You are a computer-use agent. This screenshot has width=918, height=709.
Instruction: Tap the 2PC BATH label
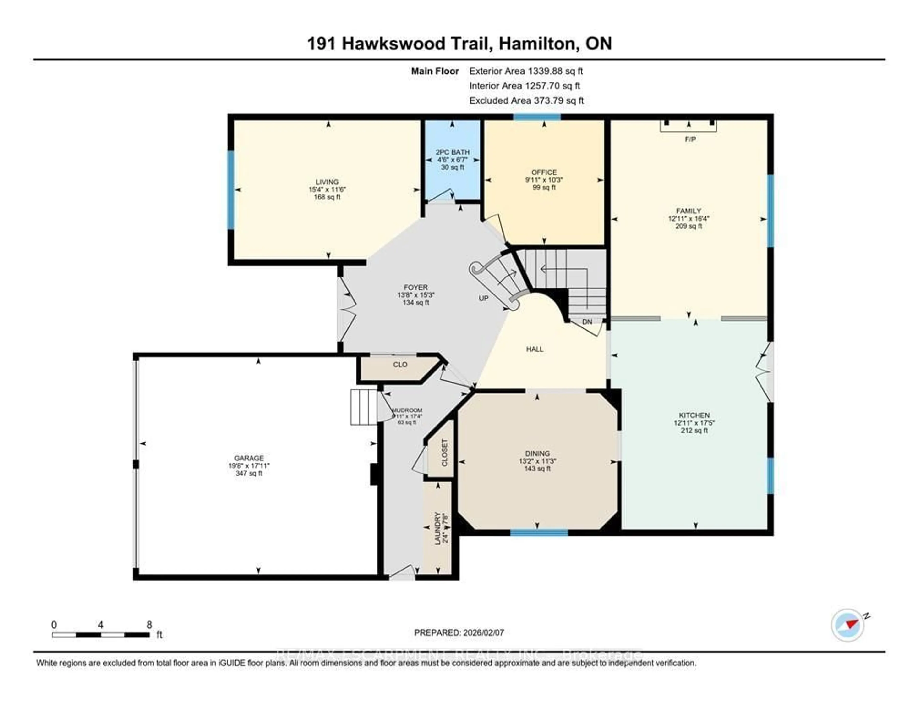[453, 152]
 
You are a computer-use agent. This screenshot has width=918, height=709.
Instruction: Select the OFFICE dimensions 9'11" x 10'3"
[544, 180]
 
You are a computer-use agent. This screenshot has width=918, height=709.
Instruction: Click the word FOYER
[416, 288]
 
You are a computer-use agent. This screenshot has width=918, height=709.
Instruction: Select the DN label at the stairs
[587, 322]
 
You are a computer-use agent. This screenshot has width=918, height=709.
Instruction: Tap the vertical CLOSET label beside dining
[445, 453]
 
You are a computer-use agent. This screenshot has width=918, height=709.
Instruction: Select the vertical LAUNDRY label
[437, 529]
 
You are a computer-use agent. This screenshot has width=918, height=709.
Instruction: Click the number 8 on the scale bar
[149, 625]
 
